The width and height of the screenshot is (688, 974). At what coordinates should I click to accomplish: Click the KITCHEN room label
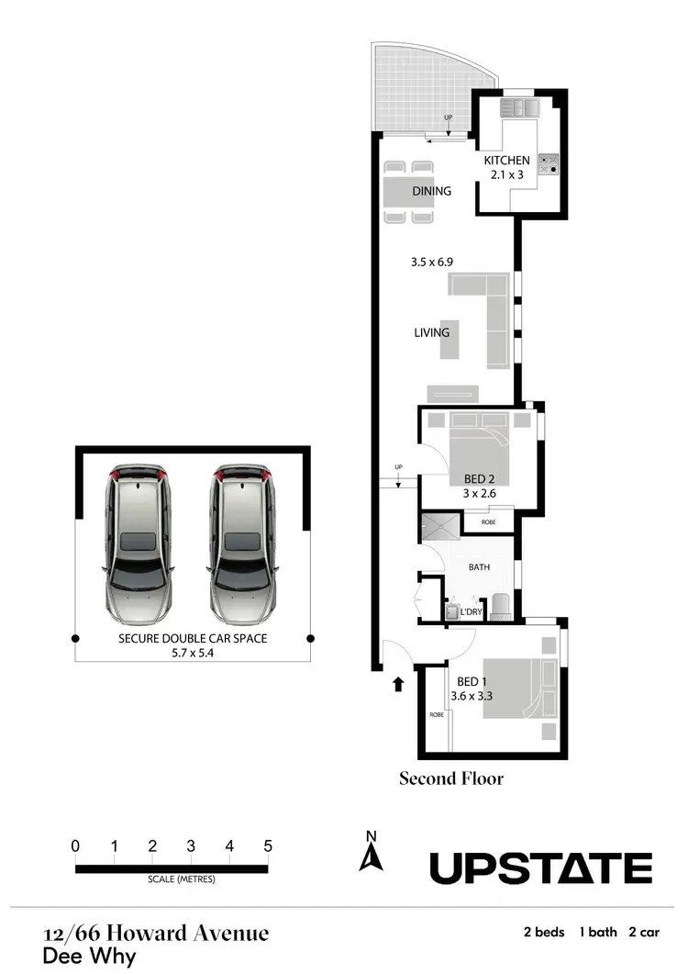tap(506, 161)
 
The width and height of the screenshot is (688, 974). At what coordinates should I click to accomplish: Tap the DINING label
tap(431, 191)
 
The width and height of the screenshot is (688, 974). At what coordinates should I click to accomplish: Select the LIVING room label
tap(431, 332)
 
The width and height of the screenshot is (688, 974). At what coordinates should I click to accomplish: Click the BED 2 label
tap(473, 478)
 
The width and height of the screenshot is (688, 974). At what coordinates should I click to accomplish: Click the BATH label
tap(479, 567)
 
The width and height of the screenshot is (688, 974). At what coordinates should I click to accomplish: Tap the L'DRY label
tap(472, 611)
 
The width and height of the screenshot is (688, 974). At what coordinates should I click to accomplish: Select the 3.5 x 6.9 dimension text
tap(431, 262)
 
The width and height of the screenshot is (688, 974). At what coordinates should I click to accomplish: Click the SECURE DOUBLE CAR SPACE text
tap(193, 638)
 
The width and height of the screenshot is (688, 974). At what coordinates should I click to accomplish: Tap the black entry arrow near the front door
tap(398, 684)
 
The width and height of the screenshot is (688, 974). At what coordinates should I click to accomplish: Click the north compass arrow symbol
tap(371, 858)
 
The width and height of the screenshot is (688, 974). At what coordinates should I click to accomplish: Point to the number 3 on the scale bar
tap(191, 846)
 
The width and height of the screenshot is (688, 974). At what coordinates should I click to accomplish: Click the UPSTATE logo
tap(541, 868)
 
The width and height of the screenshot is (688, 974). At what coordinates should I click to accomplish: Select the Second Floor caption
tap(451, 778)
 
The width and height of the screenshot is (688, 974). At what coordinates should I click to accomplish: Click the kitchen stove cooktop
tap(549, 163)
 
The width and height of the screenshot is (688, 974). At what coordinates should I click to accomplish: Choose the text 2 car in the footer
tap(644, 932)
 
